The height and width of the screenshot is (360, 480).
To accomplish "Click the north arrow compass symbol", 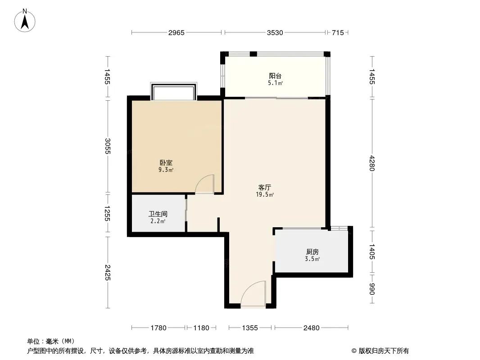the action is click(x=25, y=21).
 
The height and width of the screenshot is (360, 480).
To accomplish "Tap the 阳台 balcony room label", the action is click(x=275, y=76).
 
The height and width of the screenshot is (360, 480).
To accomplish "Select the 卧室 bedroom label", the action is click(x=166, y=163).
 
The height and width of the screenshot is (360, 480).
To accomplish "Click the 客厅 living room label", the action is click(x=265, y=187).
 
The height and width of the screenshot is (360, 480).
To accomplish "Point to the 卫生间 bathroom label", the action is click(x=158, y=214).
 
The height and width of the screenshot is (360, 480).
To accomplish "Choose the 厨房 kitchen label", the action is click(x=312, y=252).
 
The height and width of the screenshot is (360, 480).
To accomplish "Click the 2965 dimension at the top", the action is click(x=177, y=32).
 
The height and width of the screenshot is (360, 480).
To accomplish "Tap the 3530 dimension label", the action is click(x=275, y=32).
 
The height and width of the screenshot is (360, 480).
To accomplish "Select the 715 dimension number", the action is click(x=338, y=32).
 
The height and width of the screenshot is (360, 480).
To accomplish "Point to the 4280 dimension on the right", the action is click(x=372, y=163).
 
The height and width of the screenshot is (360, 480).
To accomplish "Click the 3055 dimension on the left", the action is click(x=108, y=146).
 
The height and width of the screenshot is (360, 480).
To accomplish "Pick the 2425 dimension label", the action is click(x=108, y=272).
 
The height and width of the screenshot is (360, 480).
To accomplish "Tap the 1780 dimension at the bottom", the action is click(x=158, y=328).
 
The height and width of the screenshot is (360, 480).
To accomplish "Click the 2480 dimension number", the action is click(x=311, y=328).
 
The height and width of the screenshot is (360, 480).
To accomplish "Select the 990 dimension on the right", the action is click(x=372, y=289).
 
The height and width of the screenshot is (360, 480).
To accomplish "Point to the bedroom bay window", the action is click(x=173, y=91).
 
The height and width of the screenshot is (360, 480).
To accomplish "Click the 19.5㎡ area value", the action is click(x=265, y=194).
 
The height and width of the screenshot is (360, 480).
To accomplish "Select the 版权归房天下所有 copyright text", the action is click(x=384, y=351).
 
